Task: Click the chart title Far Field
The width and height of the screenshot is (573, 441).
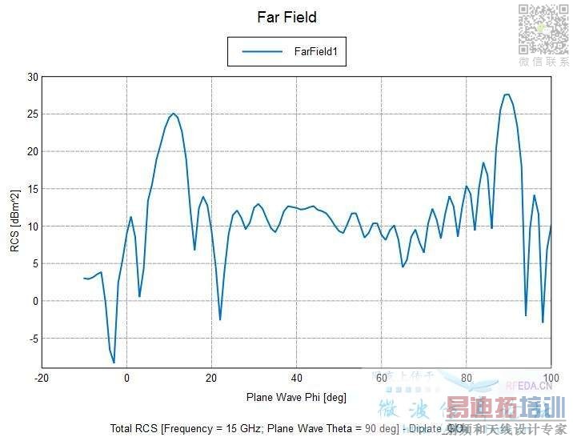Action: pos(286,17)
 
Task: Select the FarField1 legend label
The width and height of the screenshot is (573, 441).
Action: pos(319,51)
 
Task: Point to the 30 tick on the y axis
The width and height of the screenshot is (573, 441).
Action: pos(32,77)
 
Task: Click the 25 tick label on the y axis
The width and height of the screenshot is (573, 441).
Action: pos(32,114)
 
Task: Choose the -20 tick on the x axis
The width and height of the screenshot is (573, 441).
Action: pos(42,378)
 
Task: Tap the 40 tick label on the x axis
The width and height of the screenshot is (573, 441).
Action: pos(296,378)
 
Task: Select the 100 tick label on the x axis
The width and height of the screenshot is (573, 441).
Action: pos(551,378)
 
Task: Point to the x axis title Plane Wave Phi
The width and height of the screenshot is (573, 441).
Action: pos(296,397)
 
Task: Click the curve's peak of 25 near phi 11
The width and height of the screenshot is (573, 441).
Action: pos(173,114)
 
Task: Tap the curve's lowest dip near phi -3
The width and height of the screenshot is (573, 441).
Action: pos(114,363)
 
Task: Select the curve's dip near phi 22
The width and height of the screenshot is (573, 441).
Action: pos(220,319)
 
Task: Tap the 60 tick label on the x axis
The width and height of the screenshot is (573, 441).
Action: pos(381,378)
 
